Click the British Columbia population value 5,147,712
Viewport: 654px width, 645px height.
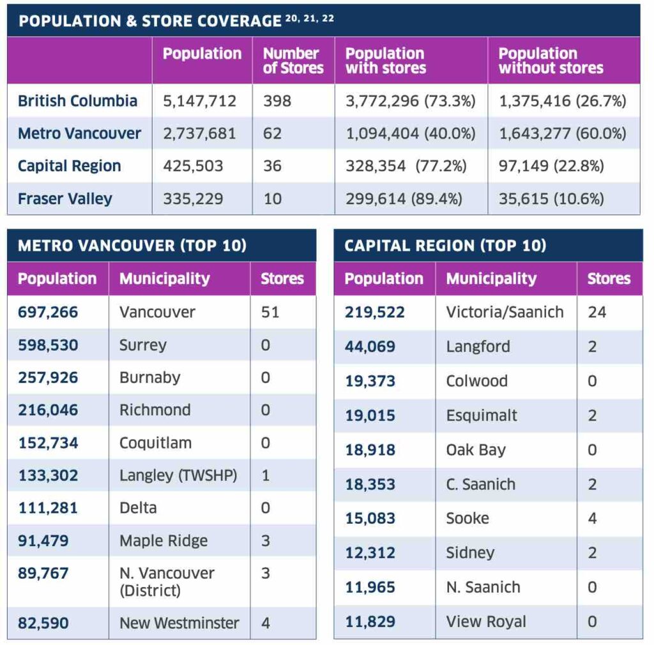199,101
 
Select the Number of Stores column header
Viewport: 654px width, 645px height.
293,61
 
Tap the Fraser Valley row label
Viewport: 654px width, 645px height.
65,199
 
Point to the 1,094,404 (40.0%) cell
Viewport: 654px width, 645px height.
411,134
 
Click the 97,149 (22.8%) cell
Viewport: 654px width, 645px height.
551,167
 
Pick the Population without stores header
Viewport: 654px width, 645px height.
551,61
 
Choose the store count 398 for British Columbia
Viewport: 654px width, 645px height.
277,101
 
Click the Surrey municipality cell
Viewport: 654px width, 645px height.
143,345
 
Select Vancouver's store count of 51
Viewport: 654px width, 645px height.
270,312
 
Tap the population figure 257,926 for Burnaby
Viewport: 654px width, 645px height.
48,378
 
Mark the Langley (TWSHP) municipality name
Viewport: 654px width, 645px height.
178,475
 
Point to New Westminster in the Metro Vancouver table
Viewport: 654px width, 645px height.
179,623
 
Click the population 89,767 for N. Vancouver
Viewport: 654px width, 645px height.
43,574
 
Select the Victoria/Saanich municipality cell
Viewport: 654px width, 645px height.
505,312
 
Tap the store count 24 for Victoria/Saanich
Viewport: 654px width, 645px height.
597,312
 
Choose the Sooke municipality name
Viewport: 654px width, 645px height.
468,518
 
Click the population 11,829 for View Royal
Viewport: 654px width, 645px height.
370,622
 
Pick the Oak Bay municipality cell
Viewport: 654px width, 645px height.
476,450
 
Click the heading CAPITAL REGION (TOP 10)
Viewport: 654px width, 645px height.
445,246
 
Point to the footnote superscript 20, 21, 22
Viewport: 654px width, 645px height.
310,19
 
